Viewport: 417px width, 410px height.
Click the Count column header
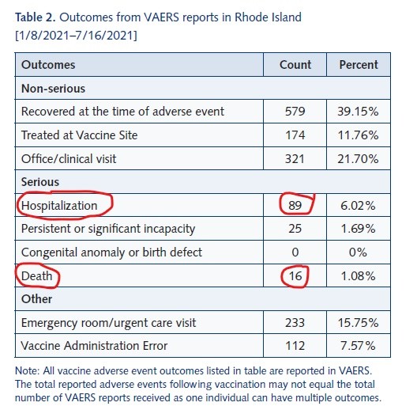pos(295,65)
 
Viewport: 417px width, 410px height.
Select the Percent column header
pos(359,65)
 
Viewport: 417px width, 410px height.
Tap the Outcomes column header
pos(48,65)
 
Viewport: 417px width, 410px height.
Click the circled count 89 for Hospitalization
pos(295,206)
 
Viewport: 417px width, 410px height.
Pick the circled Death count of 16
pos(295,276)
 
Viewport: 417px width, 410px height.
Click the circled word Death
pos(36,276)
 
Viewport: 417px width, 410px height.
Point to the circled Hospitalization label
pos(59,206)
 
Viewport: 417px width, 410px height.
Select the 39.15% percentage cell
pos(358,112)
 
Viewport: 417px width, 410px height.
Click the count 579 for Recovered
pos(295,112)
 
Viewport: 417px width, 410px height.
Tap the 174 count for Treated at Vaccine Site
pos(295,135)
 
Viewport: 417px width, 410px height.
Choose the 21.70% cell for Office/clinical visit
pos(358,159)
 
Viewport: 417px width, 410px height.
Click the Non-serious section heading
pos(53,89)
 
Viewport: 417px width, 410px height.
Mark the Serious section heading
pos(40,182)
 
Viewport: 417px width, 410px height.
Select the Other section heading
pos(36,299)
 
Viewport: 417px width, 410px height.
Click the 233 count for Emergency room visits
pos(295,323)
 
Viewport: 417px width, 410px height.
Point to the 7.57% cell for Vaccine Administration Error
pos(358,346)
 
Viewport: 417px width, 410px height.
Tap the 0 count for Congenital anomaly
pos(295,252)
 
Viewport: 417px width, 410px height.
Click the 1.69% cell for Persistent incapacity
pos(358,229)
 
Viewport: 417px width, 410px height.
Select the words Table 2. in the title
pos(35,17)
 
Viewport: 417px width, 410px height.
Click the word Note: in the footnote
pos(27,370)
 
